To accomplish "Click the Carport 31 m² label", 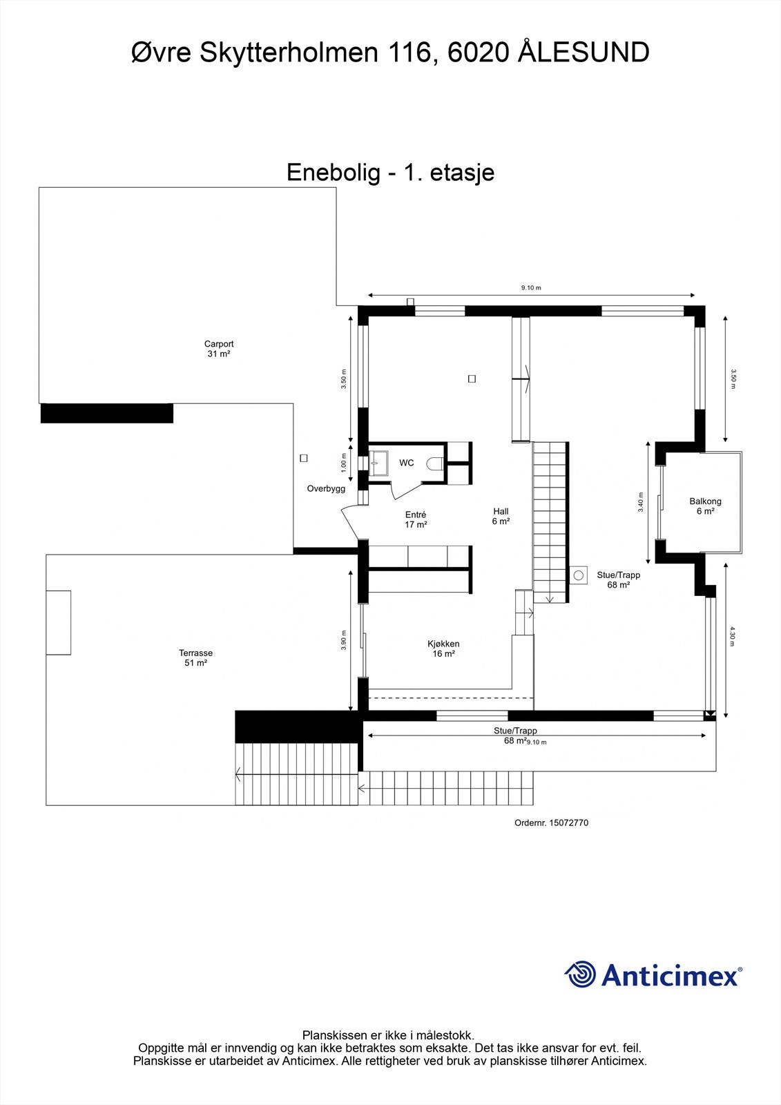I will click(219, 349).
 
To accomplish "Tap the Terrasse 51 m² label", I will click(195, 657).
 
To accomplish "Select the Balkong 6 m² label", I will click(705, 506).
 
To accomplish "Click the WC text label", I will click(407, 463).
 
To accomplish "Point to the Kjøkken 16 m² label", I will click(443, 648).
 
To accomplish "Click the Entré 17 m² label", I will click(416, 519).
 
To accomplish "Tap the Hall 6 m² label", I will click(501, 517).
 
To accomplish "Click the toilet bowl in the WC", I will click(435, 464).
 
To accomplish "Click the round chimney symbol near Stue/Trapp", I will click(578, 575).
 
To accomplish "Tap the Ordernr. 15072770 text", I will click(551, 823).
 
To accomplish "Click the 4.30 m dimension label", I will click(732, 635).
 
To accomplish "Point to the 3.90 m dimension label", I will click(343, 640).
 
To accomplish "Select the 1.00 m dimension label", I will click(343, 463).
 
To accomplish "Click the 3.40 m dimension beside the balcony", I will click(640, 501).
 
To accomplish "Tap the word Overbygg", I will click(326, 489).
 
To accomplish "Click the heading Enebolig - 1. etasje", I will click(390, 172).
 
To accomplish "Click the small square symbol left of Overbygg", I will click(303, 458).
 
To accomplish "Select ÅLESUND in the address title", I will click(584, 53).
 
